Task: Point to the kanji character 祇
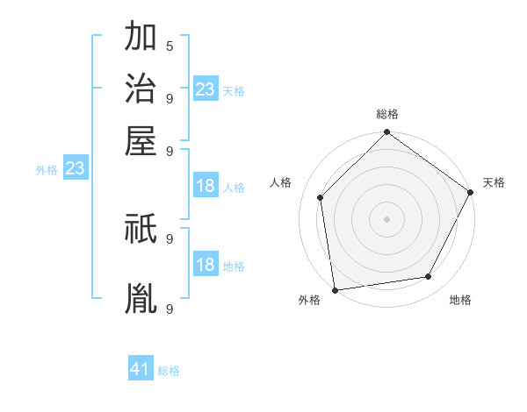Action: tap(141, 230)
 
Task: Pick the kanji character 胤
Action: tap(141, 299)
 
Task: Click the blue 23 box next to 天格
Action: tap(206, 89)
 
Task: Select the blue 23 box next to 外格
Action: tap(75, 168)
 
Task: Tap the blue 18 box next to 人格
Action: tap(206, 186)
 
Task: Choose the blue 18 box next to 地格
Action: tap(206, 265)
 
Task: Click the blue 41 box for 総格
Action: tap(141, 369)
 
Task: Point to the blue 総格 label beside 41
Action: tap(169, 371)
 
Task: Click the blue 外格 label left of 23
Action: tap(47, 170)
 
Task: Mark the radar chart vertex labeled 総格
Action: tap(386, 133)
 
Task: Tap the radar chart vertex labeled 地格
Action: tap(429, 277)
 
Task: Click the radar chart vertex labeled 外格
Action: tap(335, 289)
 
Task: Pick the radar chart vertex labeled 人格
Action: tap(320, 197)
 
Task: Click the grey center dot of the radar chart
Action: tap(386, 218)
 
